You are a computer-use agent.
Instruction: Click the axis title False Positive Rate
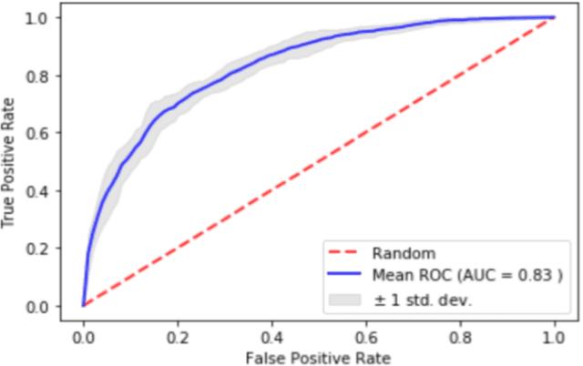pyautogui.click(x=318, y=356)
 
